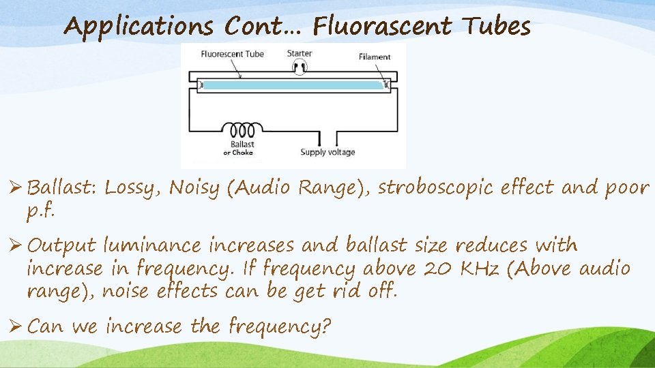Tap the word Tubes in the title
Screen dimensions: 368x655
pos(496,27)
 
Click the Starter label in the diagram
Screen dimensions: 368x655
pos(299,53)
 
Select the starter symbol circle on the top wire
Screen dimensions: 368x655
pos(299,67)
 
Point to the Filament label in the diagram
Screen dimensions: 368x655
pos(375,57)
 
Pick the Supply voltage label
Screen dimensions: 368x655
pos(328,152)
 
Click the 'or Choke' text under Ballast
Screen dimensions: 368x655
pos(238,153)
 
